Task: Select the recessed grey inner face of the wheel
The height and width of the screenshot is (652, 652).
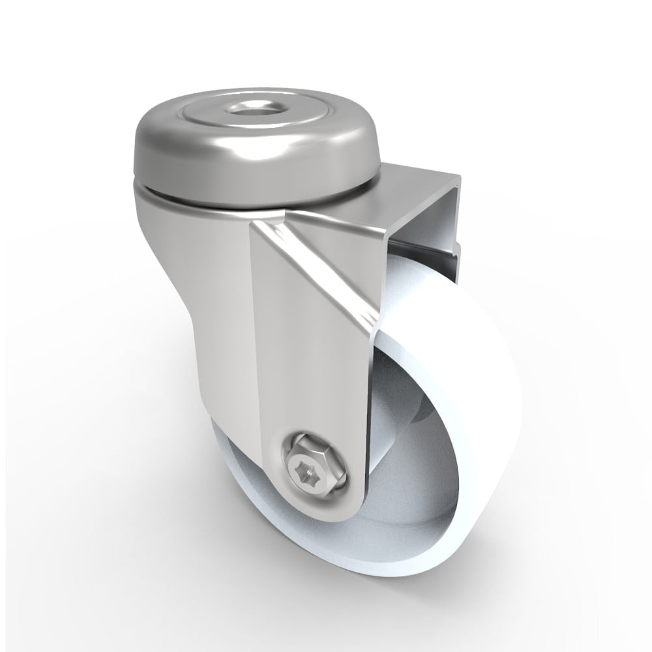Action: pyautogui.click(x=417, y=496)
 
